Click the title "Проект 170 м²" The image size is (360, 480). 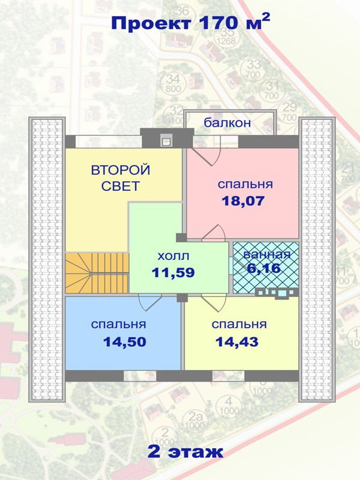[x=190, y=23]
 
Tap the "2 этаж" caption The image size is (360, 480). [x=185, y=452]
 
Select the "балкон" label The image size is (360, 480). [x=227, y=123]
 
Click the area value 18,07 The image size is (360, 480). [x=243, y=201]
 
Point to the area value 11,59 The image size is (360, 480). [x=173, y=272]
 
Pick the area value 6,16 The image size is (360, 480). [x=264, y=268]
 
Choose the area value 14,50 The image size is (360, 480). [x=125, y=341]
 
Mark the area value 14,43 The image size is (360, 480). [x=237, y=341]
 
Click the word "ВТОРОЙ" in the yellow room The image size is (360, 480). [x=121, y=170]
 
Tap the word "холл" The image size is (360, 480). [x=173, y=256]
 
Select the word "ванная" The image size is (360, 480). [x=266, y=254]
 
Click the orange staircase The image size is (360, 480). [x=97, y=273]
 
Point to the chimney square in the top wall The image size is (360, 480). [x=167, y=141]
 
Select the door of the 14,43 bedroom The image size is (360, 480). [x=214, y=303]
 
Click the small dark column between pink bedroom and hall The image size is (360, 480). [x=181, y=237]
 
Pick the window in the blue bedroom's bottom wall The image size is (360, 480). [x=140, y=376]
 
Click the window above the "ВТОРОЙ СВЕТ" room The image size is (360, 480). [x=109, y=142]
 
